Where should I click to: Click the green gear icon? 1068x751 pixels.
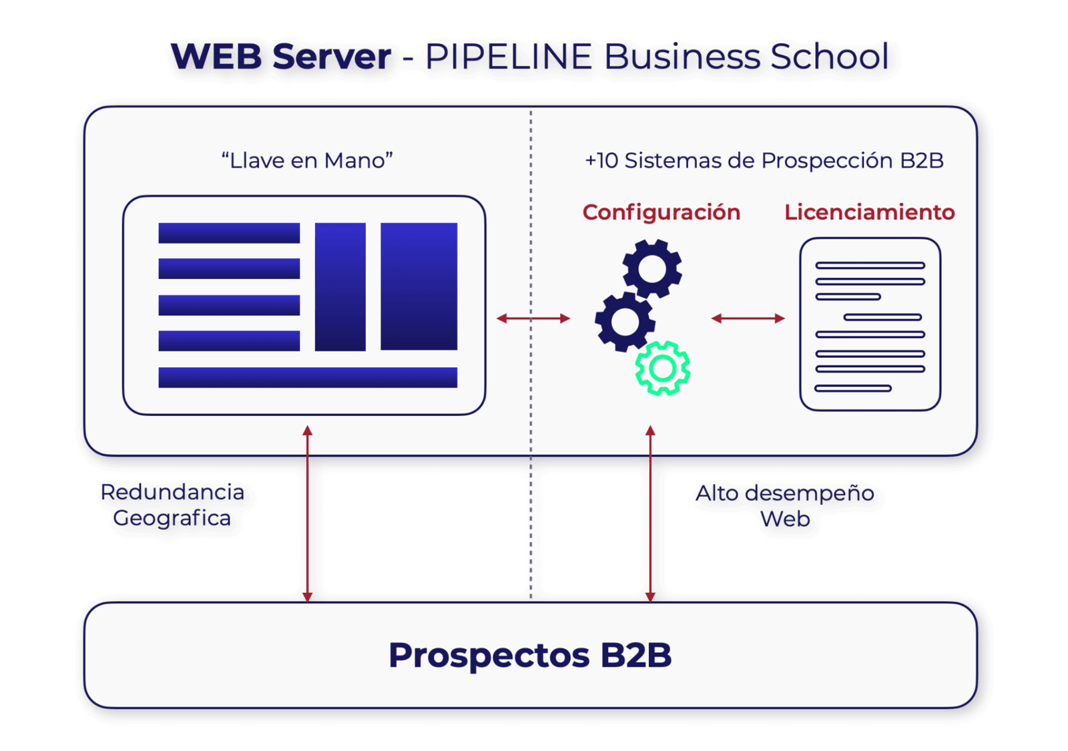(662, 368)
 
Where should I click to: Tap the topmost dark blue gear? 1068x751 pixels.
(652, 268)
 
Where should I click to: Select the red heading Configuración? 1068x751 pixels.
(661, 212)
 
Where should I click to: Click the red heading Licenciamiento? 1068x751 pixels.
(869, 212)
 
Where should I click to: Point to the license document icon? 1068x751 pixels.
(870, 324)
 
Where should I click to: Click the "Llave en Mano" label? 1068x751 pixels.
(307, 161)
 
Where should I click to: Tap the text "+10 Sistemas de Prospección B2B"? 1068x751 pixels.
(764, 161)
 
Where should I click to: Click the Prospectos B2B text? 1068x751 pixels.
(530, 655)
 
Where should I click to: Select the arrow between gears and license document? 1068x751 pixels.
(748, 318)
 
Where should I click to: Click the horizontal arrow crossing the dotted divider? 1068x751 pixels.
(533, 318)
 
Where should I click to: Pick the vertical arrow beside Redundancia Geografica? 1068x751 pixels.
(307, 514)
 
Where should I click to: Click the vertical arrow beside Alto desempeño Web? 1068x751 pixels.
(650, 514)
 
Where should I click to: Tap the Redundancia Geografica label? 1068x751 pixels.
(172, 505)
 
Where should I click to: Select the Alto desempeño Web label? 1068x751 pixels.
(785, 506)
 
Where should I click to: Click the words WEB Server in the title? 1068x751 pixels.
(281, 56)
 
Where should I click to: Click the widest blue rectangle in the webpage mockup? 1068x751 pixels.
(419, 286)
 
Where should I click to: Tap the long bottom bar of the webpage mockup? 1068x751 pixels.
(308, 377)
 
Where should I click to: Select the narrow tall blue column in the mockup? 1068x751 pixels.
(340, 286)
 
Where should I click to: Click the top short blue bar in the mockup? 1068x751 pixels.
(229, 233)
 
